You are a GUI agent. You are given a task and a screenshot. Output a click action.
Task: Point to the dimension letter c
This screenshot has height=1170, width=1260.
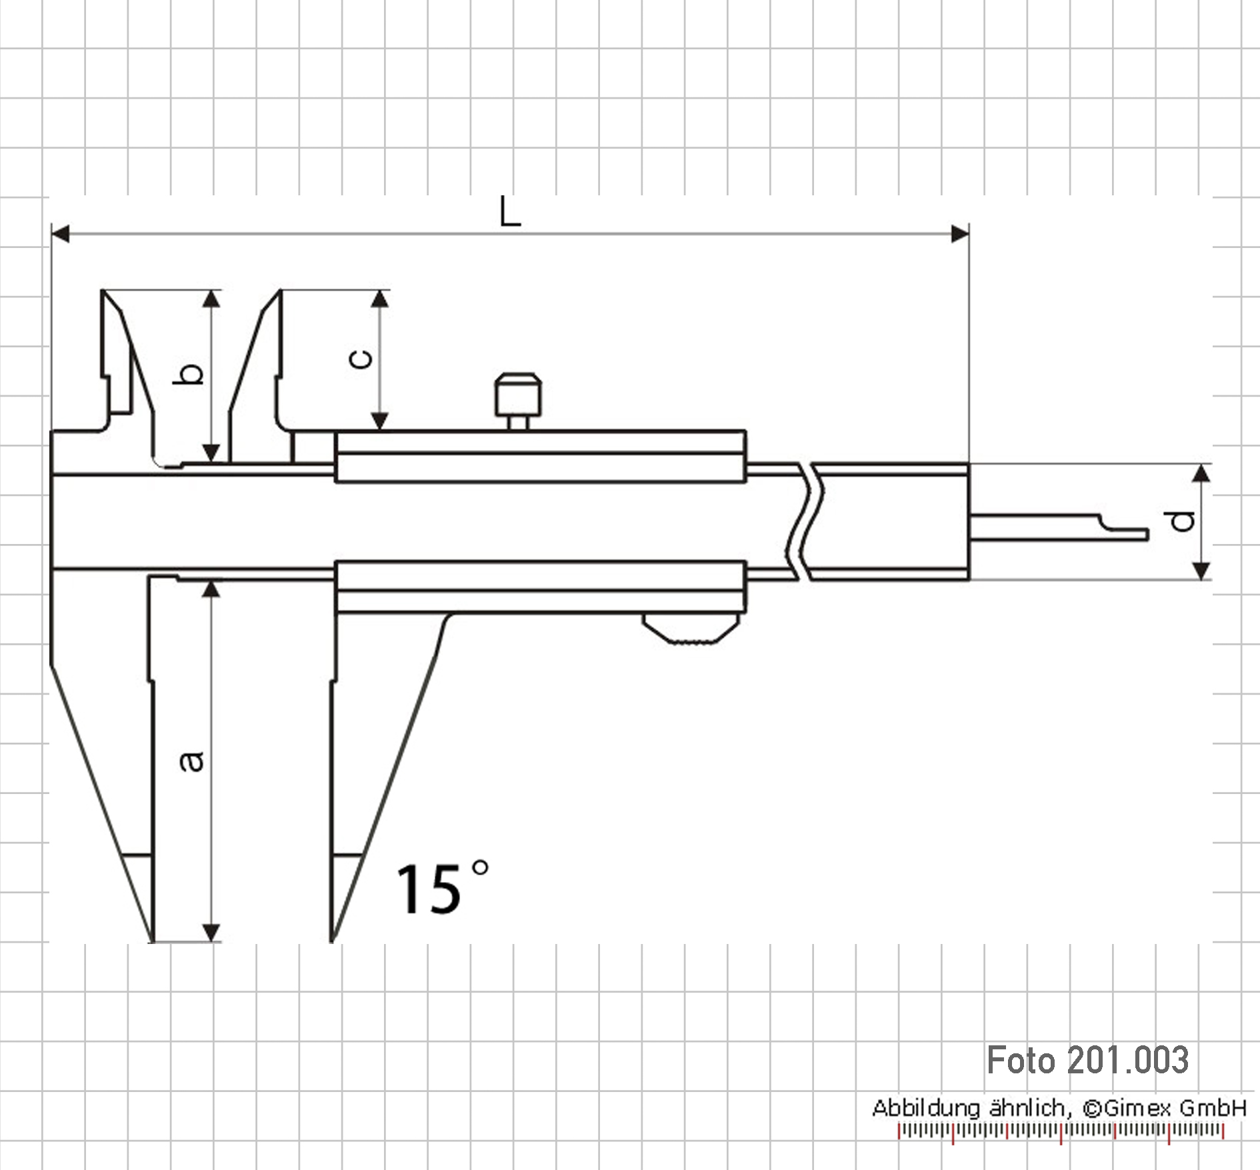tap(361, 359)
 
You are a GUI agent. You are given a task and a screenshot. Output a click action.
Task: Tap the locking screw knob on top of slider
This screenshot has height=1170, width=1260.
tap(518, 401)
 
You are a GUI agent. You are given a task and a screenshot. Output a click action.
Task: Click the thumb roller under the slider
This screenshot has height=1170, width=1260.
tap(691, 628)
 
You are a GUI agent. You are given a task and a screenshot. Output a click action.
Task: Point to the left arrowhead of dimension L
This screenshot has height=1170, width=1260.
tap(60, 234)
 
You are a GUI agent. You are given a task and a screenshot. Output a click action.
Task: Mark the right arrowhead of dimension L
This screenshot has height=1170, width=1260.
tap(960, 234)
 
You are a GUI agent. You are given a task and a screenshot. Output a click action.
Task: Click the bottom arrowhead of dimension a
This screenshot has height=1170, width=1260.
tap(211, 933)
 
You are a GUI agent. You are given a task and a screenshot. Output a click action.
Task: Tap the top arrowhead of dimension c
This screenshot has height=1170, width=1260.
tap(380, 299)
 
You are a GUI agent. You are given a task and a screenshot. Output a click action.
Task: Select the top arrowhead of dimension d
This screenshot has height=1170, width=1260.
tap(1201, 473)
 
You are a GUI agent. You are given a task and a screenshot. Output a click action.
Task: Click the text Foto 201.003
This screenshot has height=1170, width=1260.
tap(1087, 1061)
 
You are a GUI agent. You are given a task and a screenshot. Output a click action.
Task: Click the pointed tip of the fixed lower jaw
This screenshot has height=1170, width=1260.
tap(153, 940)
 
